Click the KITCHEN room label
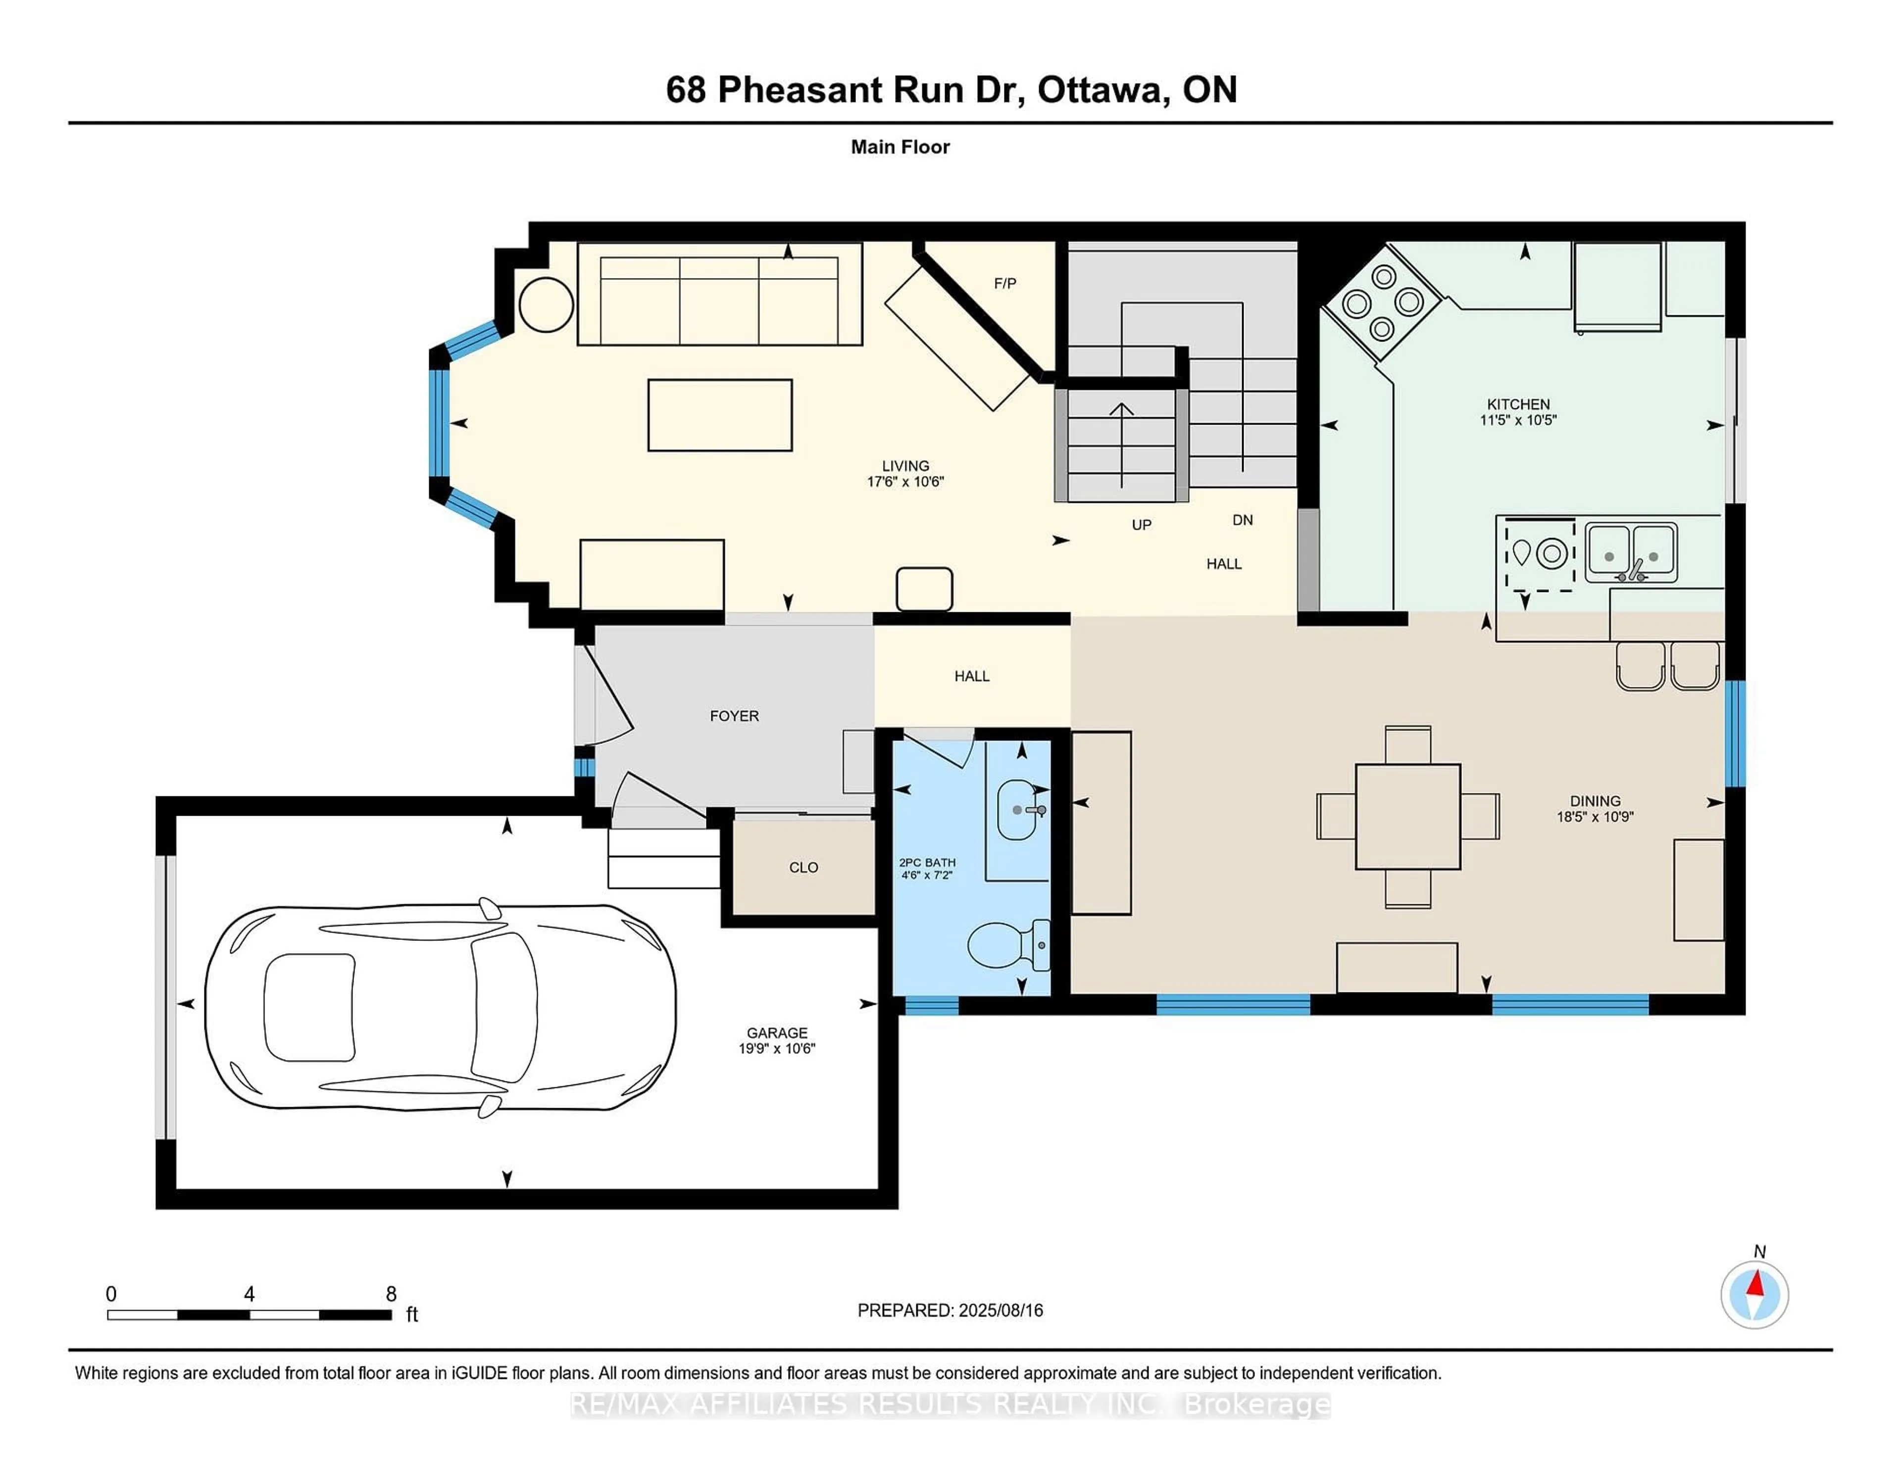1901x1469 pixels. point(1517,404)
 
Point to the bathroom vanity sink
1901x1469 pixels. point(1017,809)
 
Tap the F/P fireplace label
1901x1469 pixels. point(1004,283)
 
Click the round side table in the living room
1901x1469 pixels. point(546,304)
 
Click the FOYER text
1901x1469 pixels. point(734,715)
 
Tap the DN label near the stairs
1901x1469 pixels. point(1242,520)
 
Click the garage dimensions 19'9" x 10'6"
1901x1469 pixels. point(776,1049)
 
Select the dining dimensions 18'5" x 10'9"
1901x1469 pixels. point(1595,816)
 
